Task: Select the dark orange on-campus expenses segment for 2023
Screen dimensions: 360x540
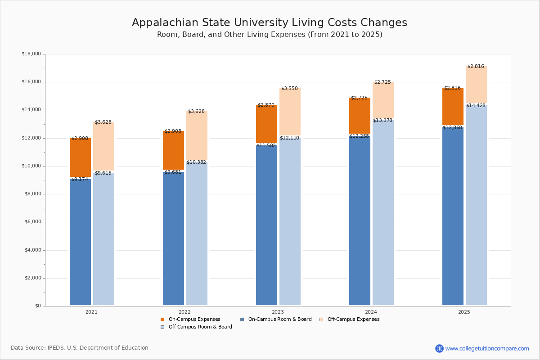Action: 266,124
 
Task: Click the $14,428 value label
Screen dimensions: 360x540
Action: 476,106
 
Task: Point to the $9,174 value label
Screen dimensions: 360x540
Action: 80,180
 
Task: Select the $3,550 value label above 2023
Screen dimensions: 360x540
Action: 289,89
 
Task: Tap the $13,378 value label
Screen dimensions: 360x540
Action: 382,121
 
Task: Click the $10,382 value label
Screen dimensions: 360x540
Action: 196,162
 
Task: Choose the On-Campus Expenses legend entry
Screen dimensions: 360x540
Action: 191,319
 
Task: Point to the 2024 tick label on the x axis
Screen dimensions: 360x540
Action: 371,312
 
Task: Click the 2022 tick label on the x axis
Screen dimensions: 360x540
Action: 184,312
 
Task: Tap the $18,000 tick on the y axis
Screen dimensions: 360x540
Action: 31,54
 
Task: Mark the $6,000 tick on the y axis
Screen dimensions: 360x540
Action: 32,222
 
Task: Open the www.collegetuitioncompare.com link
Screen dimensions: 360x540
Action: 486,348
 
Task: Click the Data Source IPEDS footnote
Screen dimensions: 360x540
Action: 80,348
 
